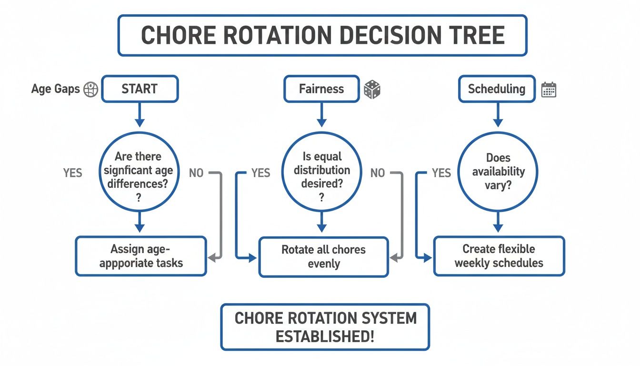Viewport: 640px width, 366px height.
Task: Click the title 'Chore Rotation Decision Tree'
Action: pyautogui.click(x=322, y=36)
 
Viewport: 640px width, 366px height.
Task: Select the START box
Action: pyautogui.click(x=140, y=89)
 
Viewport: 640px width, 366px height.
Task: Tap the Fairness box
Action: pyautogui.click(x=321, y=89)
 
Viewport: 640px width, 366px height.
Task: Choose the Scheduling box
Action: pyautogui.click(x=496, y=89)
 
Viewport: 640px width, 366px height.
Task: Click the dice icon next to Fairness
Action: pyautogui.click(x=372, y=90)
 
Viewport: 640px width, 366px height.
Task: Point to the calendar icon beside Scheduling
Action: pyautogui.click(x=549, y=90)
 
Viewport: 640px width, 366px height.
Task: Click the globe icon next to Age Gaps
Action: pyautogui.click(x=91, y=90)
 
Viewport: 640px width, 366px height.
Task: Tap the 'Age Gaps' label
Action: pyautogui.click(x=55, y=89)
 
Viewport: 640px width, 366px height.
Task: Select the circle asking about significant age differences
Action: pyautogui.click(x=139, y=172)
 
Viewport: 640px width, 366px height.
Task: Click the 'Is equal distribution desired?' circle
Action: pyautogui.click(x=321, y=172)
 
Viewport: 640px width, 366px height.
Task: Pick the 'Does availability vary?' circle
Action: pyautogui.click(x=498, y=172)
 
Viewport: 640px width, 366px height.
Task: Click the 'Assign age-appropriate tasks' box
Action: pyautogui.click(x=141, y=256)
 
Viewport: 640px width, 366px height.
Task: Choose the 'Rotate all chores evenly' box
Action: pyautogui.click(x=323, y=257)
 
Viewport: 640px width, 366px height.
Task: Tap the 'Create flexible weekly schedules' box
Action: pyautogui.click(x=499, y=256)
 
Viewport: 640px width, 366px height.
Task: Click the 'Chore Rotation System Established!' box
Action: pyautogui.click(x=325, y=327)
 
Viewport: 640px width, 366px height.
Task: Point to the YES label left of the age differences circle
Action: pyautogui.click(x=72, y=173)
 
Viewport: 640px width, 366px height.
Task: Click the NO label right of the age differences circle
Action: pyautogui.click(x=196, y=173)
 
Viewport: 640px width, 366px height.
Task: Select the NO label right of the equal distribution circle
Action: pyautogui.click(x=378, y=173)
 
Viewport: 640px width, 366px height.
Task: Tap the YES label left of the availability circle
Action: pyautogui.click(x=441, y=173)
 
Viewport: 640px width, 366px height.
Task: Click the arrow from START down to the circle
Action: pyautogui.click(x=140, y=115)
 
